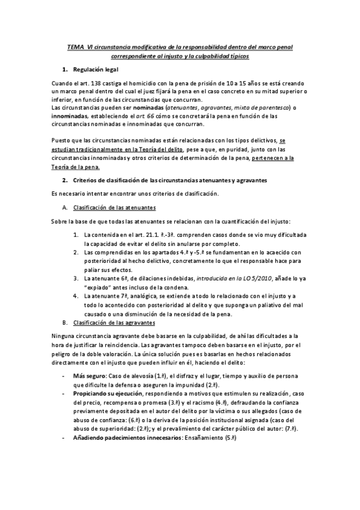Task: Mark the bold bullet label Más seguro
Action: pyautogui.click(x=87, y=376)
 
